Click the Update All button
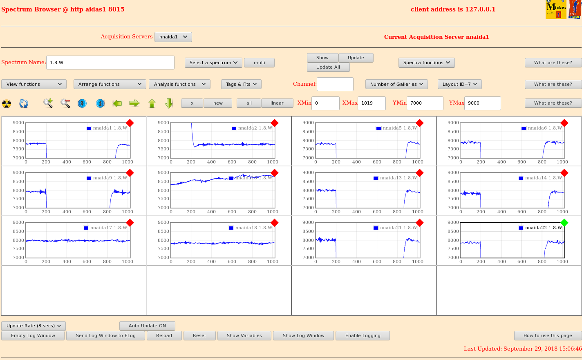328,67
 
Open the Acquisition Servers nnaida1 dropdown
173,37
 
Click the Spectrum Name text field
110,63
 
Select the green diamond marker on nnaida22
564,223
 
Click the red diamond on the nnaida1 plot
130,123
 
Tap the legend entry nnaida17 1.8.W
105,228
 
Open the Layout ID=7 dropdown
460,84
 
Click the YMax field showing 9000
482,103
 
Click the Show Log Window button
303,335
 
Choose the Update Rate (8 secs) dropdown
34,326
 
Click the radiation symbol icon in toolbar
7,104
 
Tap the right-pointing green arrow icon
134,103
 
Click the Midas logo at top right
556,9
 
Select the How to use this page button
548,335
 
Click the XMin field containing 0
325,103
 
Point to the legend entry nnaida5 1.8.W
396,128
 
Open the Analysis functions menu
179,84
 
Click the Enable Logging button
363,335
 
